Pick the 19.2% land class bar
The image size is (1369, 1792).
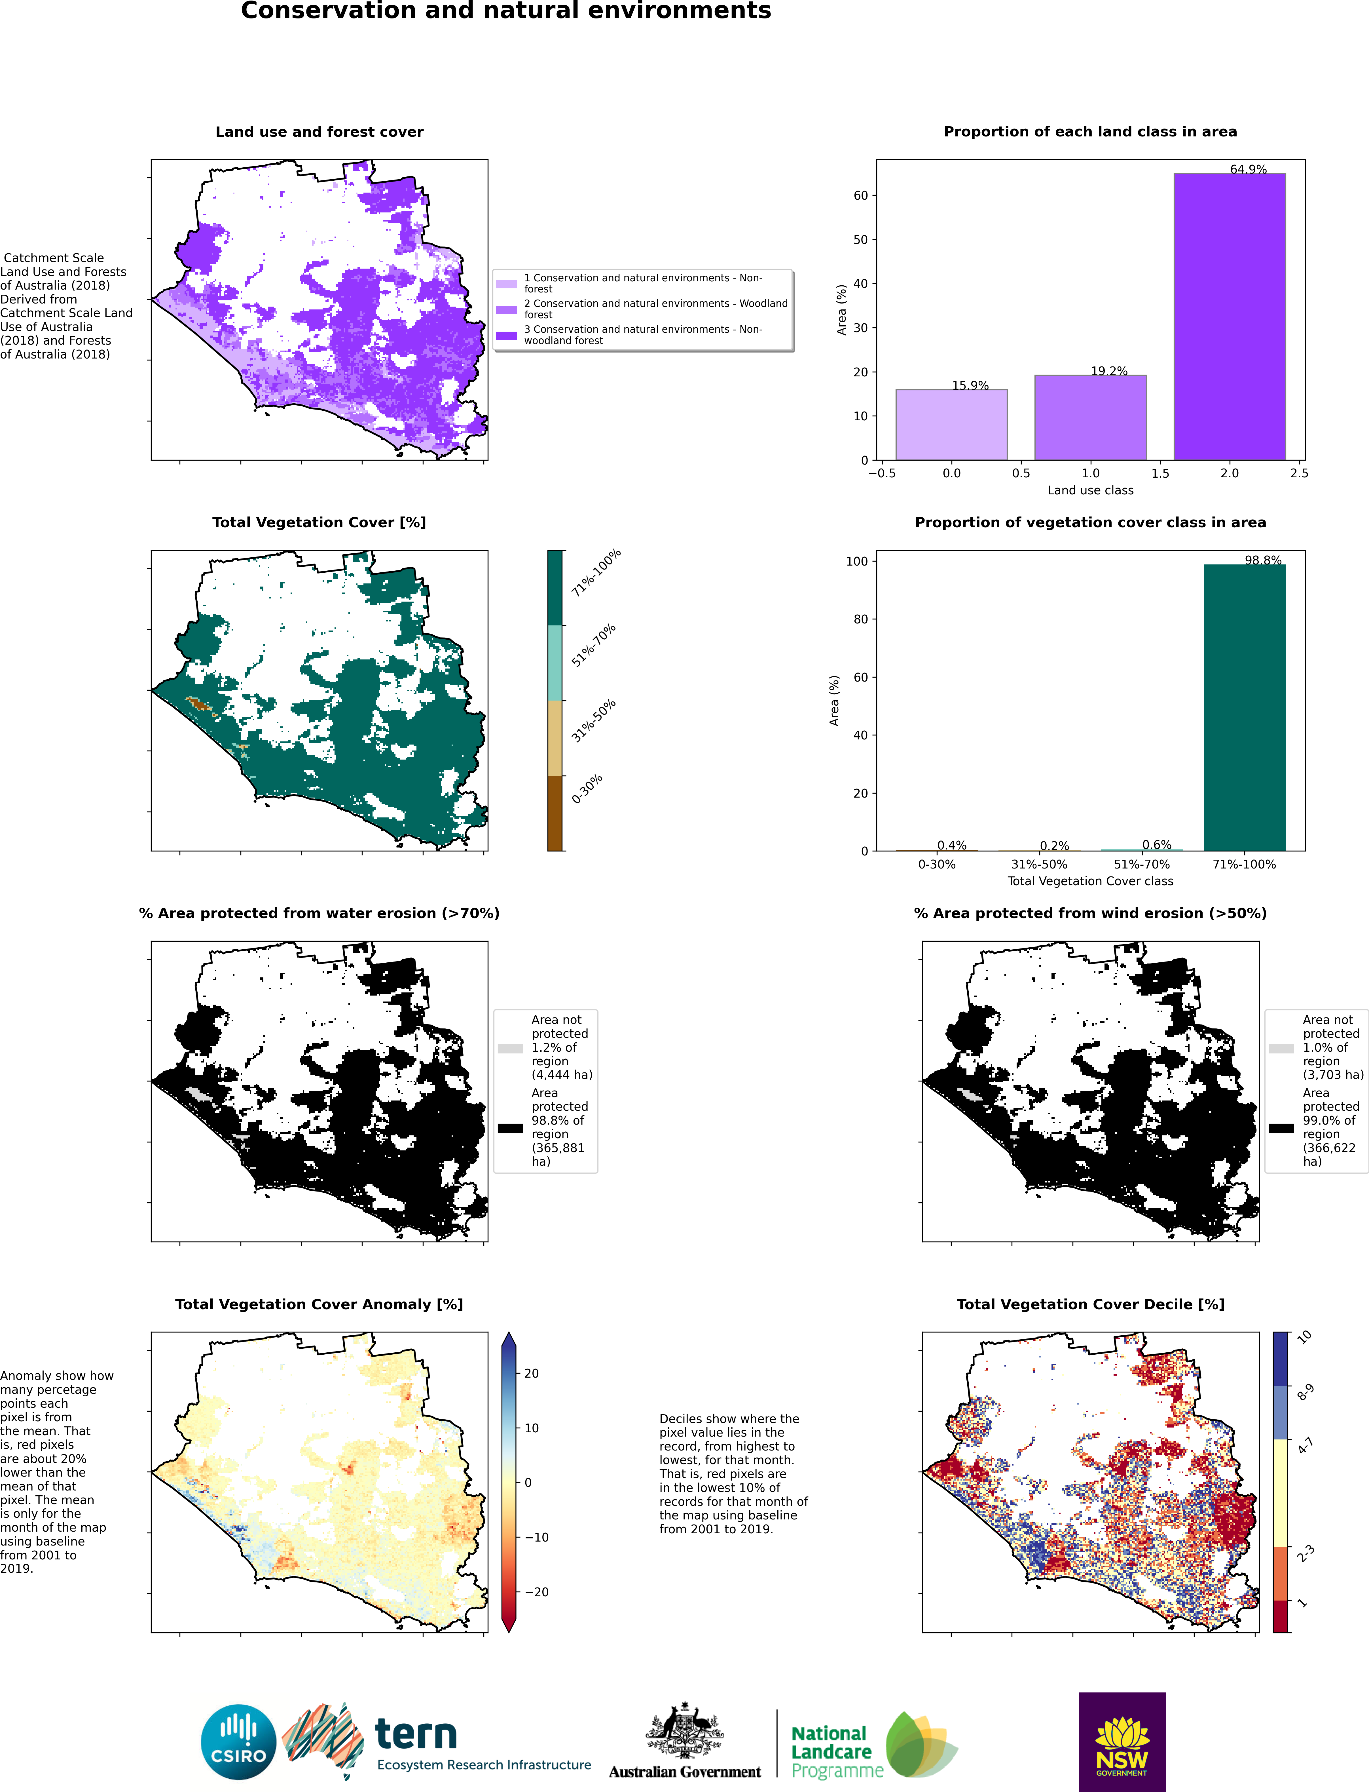1090,418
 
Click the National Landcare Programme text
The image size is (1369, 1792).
831,1751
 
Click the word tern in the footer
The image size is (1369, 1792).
416,1735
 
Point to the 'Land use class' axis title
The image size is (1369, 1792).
1090,490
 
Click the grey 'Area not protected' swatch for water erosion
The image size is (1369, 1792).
510,1049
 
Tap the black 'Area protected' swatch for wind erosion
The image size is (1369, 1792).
1281,1128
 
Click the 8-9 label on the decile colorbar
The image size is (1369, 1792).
1305,1392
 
